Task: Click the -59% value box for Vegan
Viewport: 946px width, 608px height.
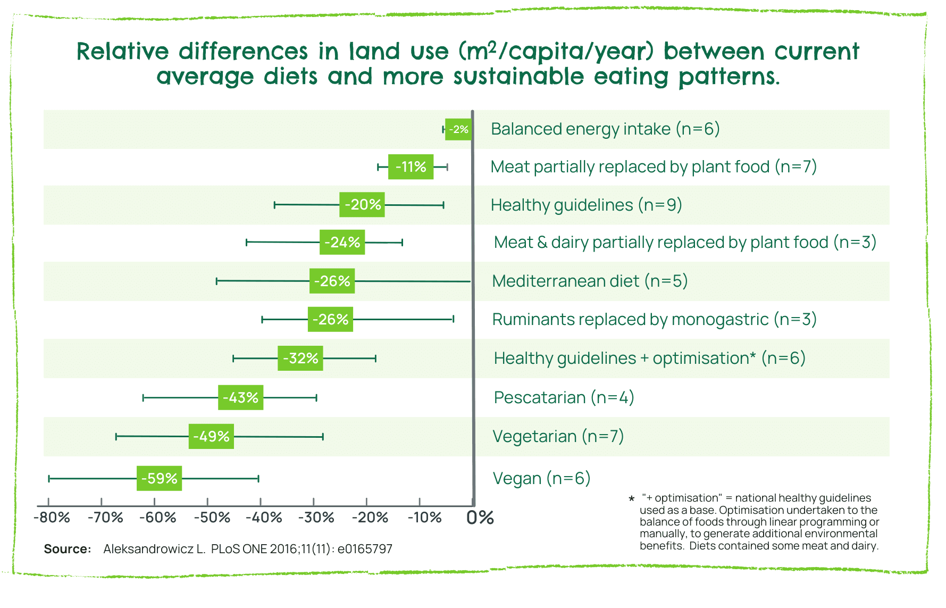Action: point(159,478)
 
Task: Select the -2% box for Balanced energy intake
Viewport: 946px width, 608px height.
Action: point(458,129)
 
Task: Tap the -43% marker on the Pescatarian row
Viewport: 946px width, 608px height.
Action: point(240,397)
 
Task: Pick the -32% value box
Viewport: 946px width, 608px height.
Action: point(300,358)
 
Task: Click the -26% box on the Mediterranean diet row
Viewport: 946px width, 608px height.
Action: point(332,281)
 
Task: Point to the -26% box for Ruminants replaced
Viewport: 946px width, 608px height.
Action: point(330,319)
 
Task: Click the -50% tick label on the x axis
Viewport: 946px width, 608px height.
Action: point(212,518)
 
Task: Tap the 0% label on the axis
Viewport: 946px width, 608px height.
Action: point(480,518)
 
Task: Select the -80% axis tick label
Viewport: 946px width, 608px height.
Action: point(52,518)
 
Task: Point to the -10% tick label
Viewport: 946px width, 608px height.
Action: point(424,518)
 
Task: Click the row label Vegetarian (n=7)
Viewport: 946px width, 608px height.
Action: point(558,436)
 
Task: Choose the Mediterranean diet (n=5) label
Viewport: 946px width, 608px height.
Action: point(590,281)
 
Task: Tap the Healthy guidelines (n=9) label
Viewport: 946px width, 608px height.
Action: point(586,205)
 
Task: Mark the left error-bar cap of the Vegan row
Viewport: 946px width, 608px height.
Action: point(49,479)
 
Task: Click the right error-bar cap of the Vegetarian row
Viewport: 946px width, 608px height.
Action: point(323,437)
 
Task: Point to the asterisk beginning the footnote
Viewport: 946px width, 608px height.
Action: point(631,499)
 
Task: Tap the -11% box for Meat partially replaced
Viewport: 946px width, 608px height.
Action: point(411,167)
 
